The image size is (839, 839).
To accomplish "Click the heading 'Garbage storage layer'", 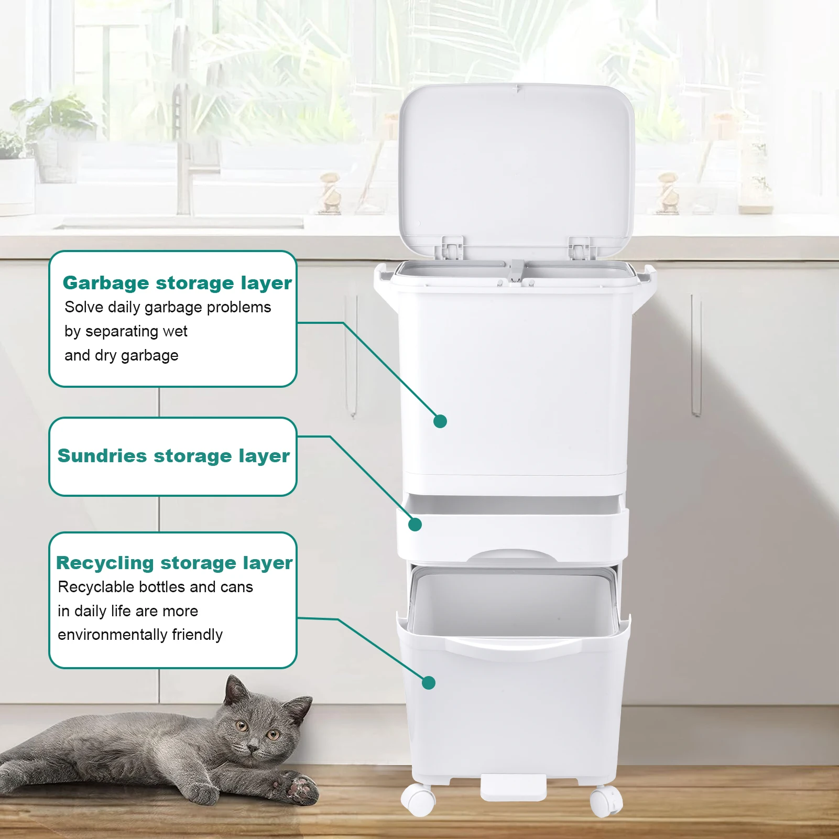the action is point(177,283).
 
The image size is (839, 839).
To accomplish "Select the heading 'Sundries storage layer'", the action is point(173,456).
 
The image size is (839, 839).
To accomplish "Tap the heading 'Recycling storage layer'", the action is point(175,563).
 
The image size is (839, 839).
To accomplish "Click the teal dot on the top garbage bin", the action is point(440,421).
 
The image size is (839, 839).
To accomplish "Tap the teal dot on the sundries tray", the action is point(415,525).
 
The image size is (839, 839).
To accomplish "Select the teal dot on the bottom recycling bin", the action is point(429,683).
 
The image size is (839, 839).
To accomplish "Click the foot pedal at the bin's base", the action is point(513,788).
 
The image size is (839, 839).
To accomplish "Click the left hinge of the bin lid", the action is point(452,247).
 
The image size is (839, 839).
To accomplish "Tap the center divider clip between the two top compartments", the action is point(516,271).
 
